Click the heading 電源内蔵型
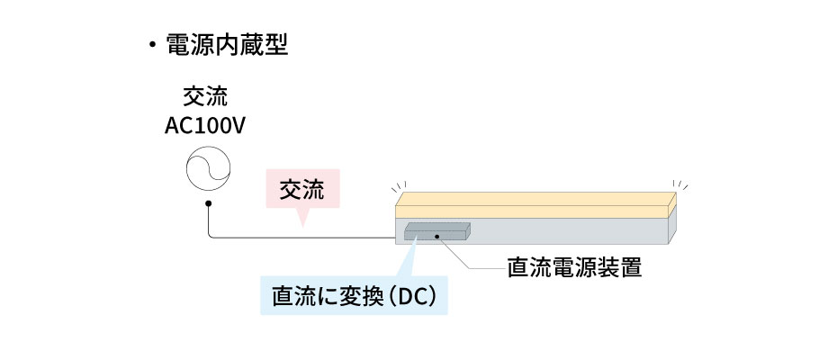point(227,46)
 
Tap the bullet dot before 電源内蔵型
point(153,47)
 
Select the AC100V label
point(205,125)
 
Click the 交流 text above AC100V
point(205,95)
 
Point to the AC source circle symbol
point(208,168)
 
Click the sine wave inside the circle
point(208,168)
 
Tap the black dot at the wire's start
point(208,204)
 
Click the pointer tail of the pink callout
point(302,219)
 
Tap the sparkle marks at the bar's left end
point(396,187)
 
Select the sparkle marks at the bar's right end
point(681,186)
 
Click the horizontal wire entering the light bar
point(306,238)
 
